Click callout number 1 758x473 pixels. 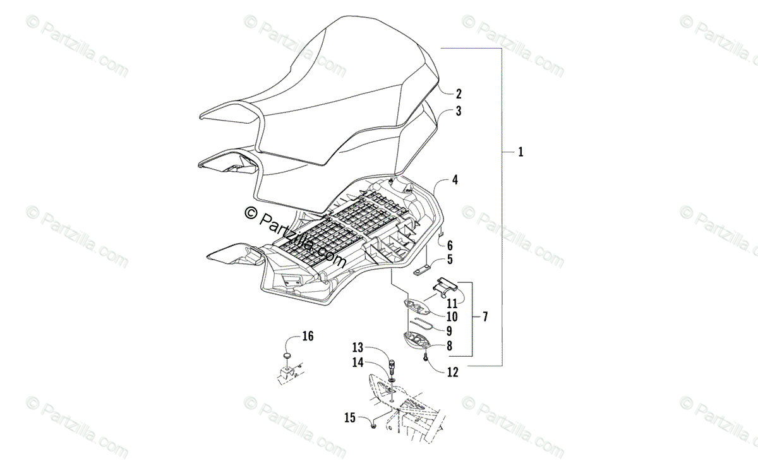(520, 152)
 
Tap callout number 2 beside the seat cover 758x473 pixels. (459, 94)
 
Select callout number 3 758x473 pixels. (459, 112)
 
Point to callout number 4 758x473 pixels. (455, 180)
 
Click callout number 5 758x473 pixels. (450, 259)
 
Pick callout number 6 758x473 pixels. (450, 244)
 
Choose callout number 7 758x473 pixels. (485, 315)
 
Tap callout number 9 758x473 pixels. (449, 330)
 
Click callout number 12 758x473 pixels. (452, 372)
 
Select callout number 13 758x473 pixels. (358, 347)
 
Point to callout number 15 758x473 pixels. (350, 417)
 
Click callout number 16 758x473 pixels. (307, 336)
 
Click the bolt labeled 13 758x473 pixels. (393, 367)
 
